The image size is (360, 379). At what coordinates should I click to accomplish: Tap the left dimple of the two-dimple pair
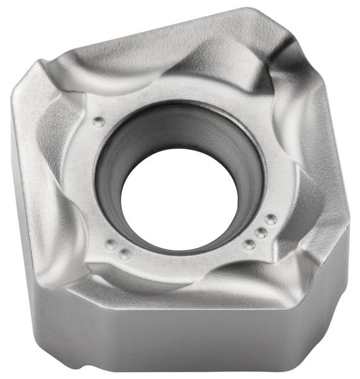pos(111,246)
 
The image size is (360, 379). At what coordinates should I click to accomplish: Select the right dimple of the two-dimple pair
pos(125,254)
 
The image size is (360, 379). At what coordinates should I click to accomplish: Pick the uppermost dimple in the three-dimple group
pos(270,220)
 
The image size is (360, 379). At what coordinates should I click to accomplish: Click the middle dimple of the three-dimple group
pos(260,232)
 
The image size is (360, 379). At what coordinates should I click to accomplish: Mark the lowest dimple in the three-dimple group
pos(249,244)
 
